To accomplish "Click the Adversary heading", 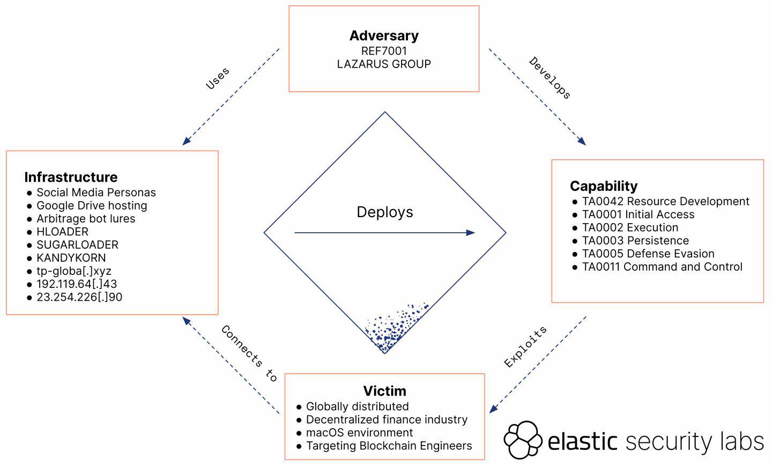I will [x=384, y=36].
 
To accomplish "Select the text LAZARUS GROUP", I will [x=384, y=64].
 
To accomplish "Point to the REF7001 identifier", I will [x=384, y=51].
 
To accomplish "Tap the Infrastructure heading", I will [x=71, y=177].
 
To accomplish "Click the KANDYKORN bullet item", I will [x=71, y=258].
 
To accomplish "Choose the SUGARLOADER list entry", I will [x=77, y=245].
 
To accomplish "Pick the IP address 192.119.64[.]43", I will [x=77, y=284].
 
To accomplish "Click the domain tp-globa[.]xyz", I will [x=74, y=271].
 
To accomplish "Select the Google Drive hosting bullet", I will [x=92, y=206].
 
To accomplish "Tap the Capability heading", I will [x=604, y=186].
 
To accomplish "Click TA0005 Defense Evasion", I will [x=648, y=254].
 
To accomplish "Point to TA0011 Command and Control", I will [x=662, y=267].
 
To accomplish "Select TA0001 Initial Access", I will [x=638, y=215].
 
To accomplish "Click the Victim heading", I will [x=384, y=391].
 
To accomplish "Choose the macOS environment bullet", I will [x=359, y=433].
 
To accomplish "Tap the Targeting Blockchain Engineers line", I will [x=389, y=446].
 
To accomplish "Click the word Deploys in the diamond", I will [x=385, y=212].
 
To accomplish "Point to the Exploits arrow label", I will [x=526, y=347].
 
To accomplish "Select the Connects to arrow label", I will [x=249, y=354].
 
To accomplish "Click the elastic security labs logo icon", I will [x=523, y=440].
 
